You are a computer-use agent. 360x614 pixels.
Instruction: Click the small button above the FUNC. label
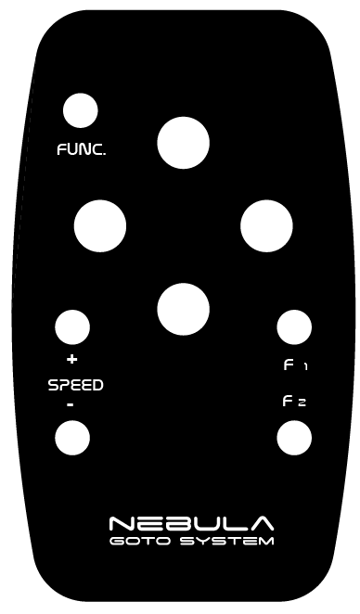click(81, 110)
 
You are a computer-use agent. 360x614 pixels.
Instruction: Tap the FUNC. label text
click(82, 149)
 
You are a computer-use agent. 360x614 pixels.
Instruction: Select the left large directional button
click(100, 226)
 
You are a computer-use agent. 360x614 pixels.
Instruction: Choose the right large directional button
click(266, 226)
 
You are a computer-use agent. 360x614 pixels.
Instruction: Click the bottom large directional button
click(184, 310)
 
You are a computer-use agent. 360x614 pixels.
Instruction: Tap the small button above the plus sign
click(72, 327)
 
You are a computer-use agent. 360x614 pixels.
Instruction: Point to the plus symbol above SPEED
click(71, 359)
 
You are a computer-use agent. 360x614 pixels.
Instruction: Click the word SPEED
click(75, 385)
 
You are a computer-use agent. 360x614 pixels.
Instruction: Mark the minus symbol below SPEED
click(71, 404)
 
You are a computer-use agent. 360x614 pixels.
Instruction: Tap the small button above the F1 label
click(294, 327)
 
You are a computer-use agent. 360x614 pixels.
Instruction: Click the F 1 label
click(295, 365)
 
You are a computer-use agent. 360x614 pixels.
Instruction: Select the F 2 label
click(294, 402)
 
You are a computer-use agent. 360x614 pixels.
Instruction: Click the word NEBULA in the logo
click(191, 523)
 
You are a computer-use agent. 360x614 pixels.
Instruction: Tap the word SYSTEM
click(226, 542)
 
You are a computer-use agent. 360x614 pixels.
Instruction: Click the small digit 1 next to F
click(305, 367)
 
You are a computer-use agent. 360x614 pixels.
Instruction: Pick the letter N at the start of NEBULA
click(122, 523)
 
